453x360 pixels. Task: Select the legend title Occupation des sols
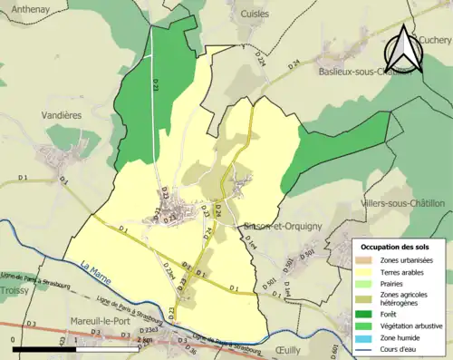[396, 246]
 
